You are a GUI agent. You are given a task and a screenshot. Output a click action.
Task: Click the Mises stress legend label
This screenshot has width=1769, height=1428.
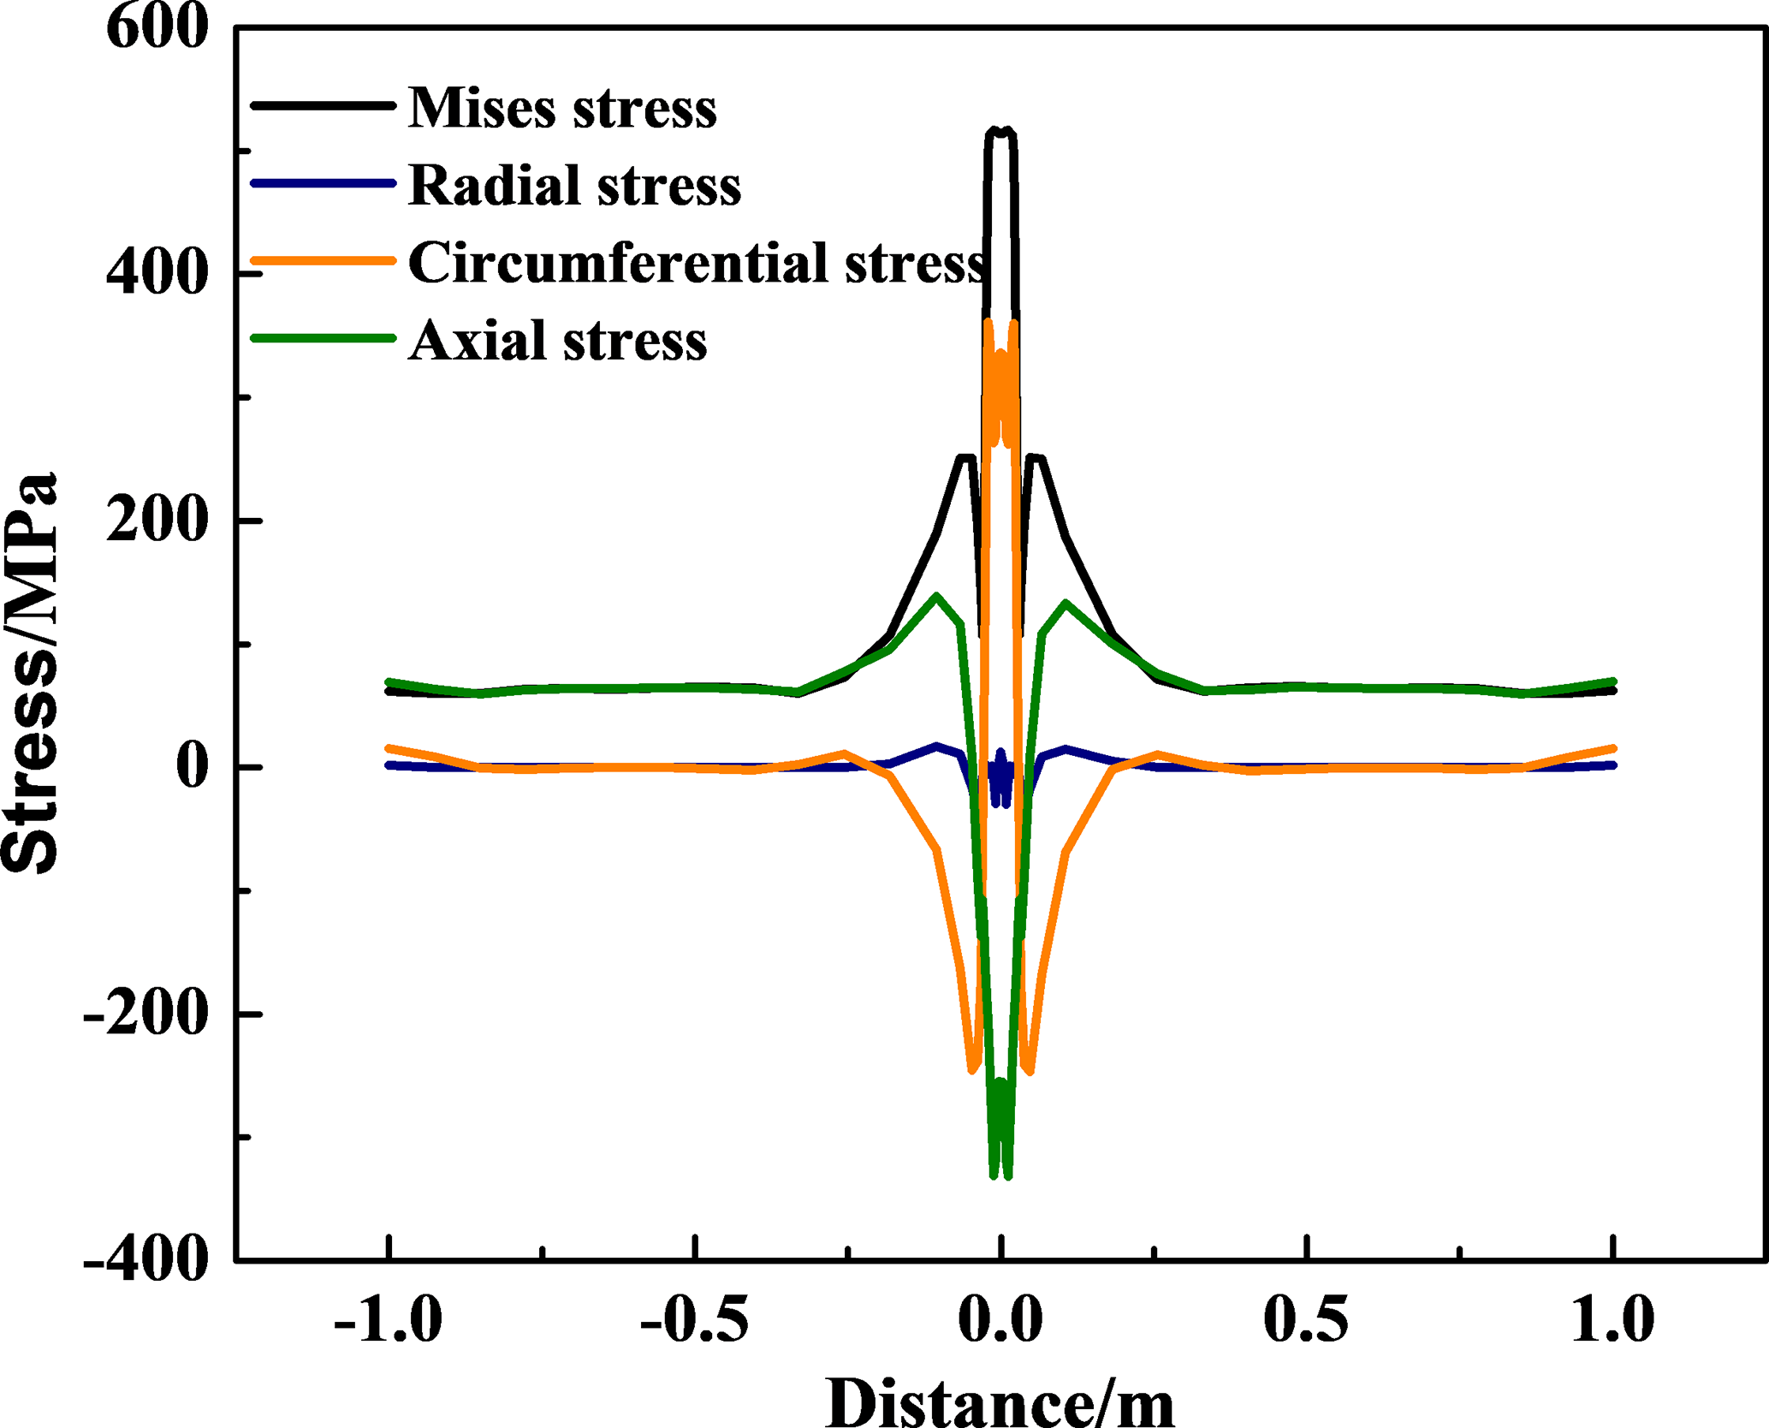(x=561, y=109)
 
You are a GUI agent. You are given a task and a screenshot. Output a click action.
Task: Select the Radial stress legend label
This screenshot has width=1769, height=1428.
(x=574, y=185)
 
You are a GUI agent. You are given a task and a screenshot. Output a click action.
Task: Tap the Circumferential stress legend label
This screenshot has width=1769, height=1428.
(x=698, y=262)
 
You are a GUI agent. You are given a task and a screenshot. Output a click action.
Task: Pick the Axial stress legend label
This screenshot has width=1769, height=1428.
(x=557, y=340)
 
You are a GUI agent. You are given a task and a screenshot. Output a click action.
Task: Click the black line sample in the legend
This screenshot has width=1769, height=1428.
(x=323, y=106)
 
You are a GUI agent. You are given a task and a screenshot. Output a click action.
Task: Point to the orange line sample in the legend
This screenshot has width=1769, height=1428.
(x=323, y=260)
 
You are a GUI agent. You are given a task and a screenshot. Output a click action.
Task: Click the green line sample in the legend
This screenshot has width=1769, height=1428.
(x=323, y=338)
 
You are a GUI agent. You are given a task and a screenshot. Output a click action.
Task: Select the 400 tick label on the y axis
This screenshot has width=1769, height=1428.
(x=157, y=274)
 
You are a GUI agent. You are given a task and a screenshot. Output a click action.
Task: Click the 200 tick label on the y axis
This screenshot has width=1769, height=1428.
(x=157, y=521)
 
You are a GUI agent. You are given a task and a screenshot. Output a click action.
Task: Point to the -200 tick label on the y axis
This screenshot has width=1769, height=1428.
(x=145, y=1014)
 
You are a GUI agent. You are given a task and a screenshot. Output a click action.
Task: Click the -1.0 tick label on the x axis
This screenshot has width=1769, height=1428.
(x=388, y=1319)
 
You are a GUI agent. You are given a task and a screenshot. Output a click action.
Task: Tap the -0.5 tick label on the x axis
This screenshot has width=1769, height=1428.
(x=694, y=1319)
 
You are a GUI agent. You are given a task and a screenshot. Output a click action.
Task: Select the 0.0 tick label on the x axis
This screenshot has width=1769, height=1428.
(x=1000, y=1319)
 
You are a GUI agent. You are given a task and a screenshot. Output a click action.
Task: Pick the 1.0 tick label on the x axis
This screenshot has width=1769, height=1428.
(x=1612, y=1319)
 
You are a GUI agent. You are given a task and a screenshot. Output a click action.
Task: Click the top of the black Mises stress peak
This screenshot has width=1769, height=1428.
(x=1000, y=131)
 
